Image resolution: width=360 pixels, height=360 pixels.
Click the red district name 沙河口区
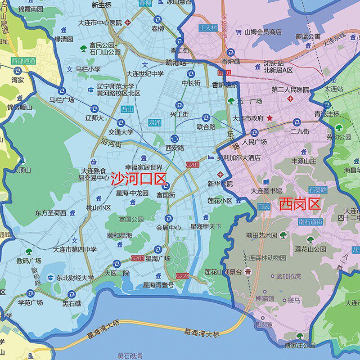coord(139,179)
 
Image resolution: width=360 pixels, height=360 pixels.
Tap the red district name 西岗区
coord(299,204)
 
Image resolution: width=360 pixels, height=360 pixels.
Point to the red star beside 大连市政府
coord(270,118)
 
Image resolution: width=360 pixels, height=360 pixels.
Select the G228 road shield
coord(182,275)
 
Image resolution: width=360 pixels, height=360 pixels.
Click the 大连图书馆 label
coord(266,191)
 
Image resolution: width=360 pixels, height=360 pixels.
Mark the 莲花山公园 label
coord(310,249)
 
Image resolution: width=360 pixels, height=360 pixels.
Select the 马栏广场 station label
coord(62,100)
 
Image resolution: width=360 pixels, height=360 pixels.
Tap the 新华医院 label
coord(220,184)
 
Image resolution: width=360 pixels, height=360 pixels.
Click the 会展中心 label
coord(169,228)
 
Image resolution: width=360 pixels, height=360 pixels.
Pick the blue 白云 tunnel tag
coord(264,207)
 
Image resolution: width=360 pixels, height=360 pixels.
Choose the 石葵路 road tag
coord(318,190)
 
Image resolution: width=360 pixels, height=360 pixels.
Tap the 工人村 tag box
coord(208,28)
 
